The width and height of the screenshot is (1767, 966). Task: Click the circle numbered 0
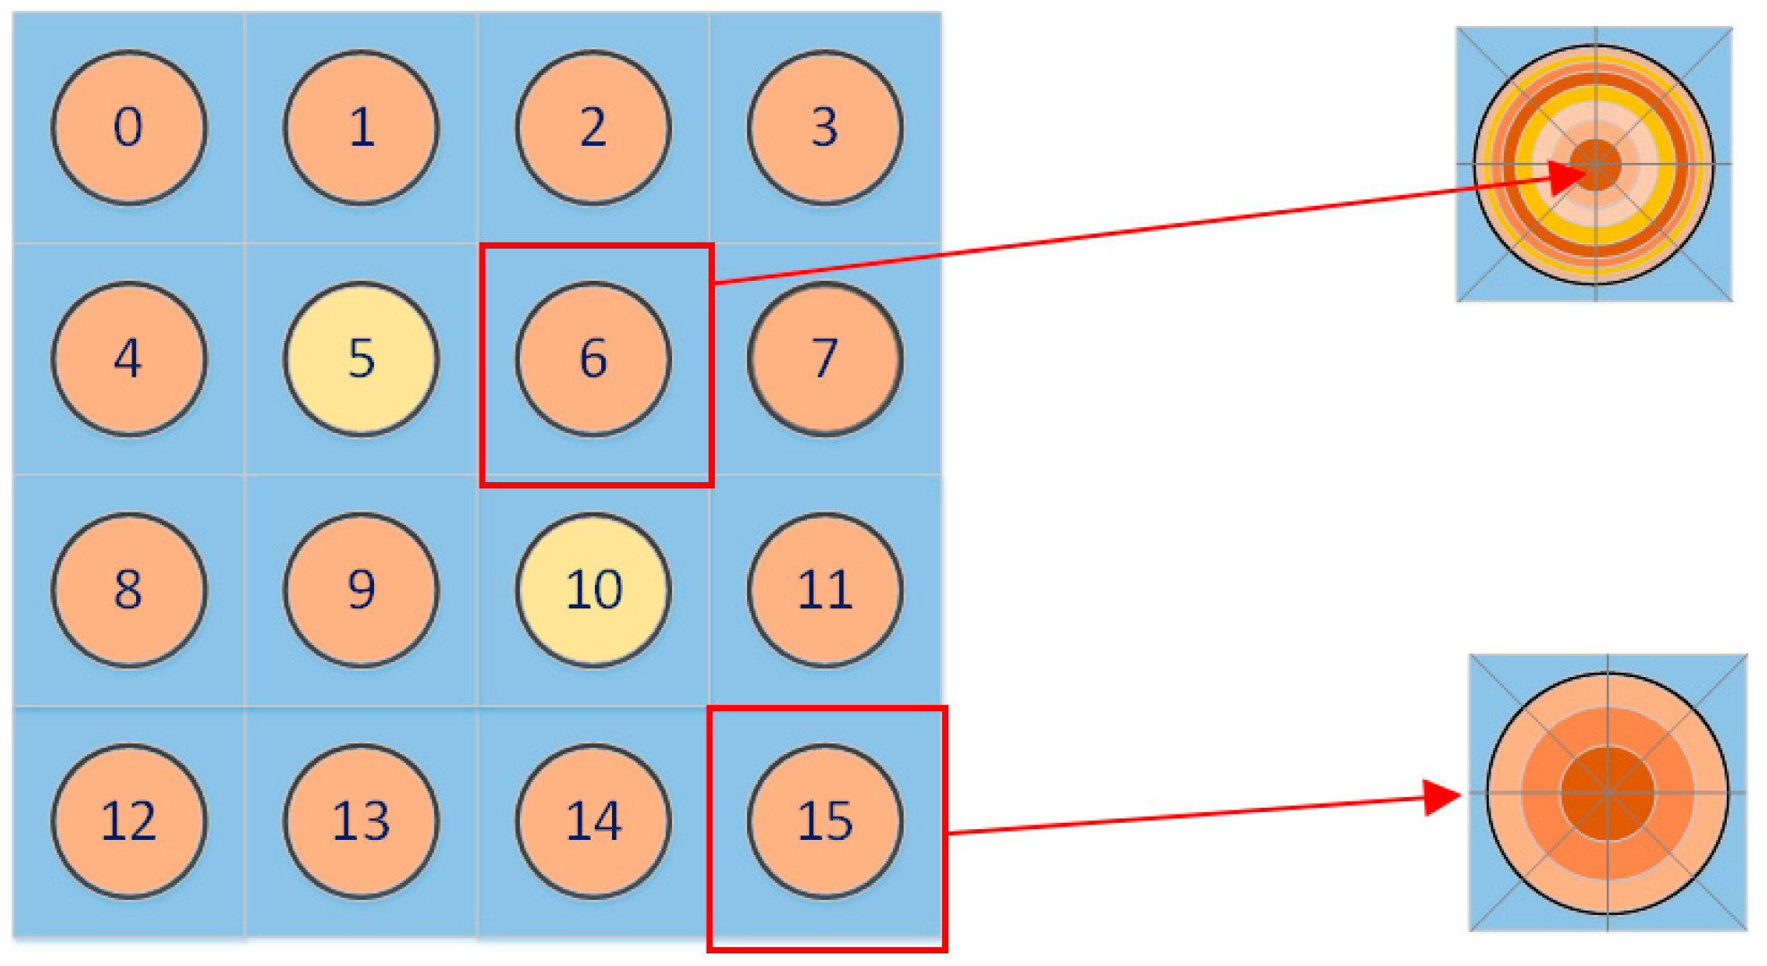[129, 128]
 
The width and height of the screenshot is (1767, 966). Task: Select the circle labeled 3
[825, 128]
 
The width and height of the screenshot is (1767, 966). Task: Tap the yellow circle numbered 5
[361, 360]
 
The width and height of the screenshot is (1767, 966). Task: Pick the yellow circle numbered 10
[593, 590]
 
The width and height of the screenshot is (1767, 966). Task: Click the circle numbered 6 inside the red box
[593, 360]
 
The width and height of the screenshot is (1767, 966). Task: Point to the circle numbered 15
[825, 822]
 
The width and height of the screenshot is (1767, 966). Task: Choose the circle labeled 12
[129, 822]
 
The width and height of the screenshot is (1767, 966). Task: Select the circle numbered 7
[825, 360]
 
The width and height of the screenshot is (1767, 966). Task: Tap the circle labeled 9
[361, 590]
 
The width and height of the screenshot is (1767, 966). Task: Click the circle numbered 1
[361, 128]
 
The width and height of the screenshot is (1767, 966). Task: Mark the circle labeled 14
[593, 822]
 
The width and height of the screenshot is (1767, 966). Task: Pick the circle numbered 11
[825, 590]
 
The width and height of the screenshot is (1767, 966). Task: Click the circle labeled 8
[129, 590]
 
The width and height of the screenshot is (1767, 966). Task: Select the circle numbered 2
[593, 128]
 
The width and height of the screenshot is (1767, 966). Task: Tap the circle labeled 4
[129, 360]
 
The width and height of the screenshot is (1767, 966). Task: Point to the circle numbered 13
[361, 822]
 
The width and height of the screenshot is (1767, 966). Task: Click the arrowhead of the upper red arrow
[1567, 176]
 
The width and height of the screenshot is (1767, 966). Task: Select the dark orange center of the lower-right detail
[1608, 793]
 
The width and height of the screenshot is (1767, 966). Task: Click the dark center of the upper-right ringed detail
[1596, 165]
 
